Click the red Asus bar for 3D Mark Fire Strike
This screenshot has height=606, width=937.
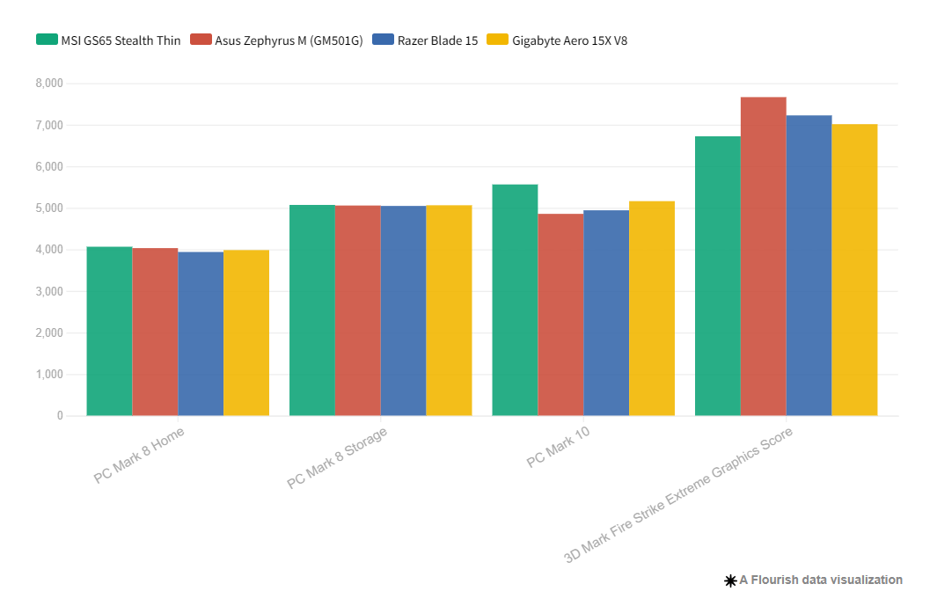pos(763,256)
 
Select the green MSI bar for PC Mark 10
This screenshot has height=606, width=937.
pos(515,300)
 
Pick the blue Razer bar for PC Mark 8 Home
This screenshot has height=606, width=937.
pos(201,334)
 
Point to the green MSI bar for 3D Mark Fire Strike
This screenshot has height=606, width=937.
pos(717,276)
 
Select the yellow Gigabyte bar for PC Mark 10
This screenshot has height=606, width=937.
pos(652,309)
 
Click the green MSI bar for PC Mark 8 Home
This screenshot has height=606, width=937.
pos(109,331)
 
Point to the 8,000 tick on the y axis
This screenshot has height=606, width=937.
pos(48,84)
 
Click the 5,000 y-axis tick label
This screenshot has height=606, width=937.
pos(48,208)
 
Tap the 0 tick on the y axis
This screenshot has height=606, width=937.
pos(60,416)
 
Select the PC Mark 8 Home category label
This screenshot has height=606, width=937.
pos(139,455)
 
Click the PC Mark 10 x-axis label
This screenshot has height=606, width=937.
pos(559,449)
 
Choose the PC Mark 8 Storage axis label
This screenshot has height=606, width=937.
pos(337,457)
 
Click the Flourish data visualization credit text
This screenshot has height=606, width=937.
pos(813,580)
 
